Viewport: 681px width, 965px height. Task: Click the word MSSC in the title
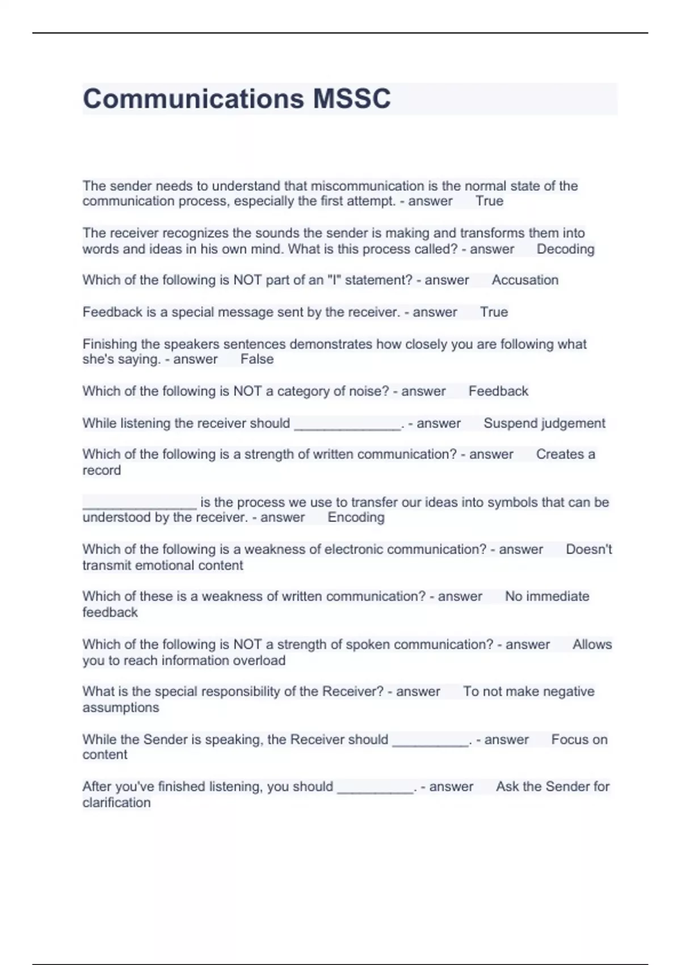pos(351,99)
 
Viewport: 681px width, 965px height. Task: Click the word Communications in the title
pos(194,99)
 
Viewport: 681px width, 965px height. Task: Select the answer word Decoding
pos(565,249)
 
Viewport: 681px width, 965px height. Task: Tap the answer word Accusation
pos(525,280)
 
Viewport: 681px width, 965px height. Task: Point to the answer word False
pos(257,359)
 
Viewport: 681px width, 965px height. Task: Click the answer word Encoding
pos(356,517)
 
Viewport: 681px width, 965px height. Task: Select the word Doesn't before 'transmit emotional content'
pos(588,549)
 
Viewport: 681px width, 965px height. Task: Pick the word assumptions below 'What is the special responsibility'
pos(121,707)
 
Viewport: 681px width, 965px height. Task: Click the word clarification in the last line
pos(116,802)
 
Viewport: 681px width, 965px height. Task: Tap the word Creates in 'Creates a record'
pos(559,454)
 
